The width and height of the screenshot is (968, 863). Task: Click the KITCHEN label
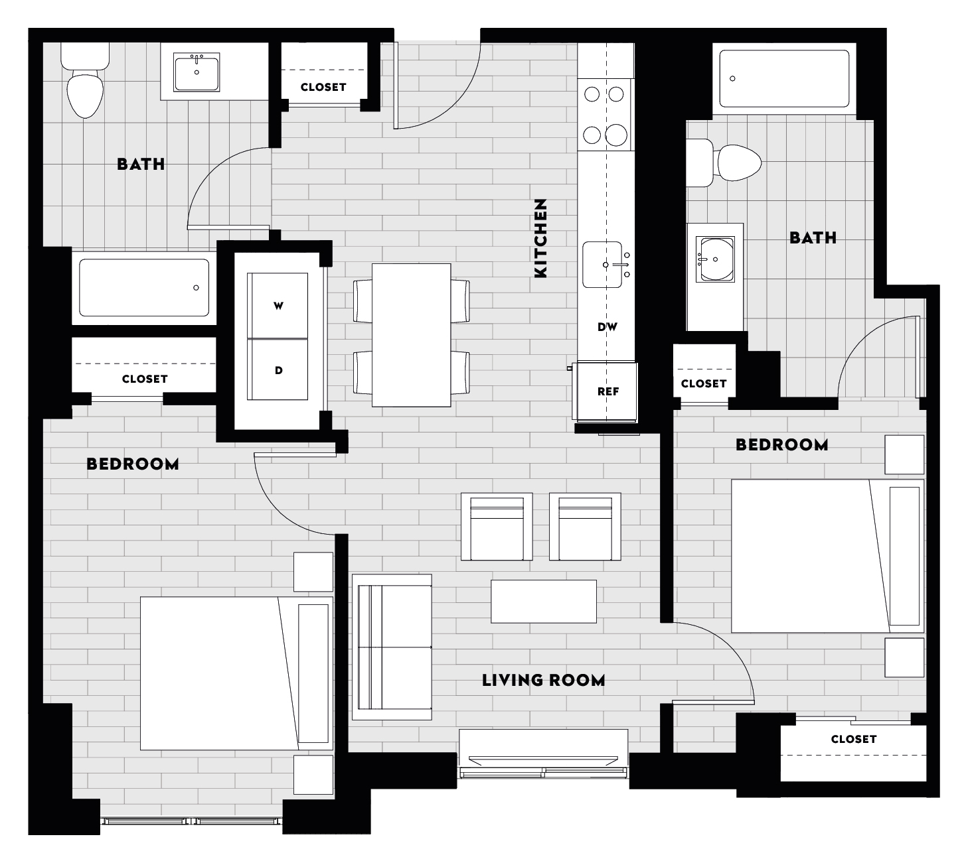tap(540, 237)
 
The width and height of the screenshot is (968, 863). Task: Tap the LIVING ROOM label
tap(543, 680)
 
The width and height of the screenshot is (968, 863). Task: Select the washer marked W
tap(278, 306)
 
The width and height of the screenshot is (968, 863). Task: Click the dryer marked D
tap(278, 370)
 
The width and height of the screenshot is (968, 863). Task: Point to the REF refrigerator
tap(607, 391)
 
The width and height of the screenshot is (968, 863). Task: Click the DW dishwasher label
tap(607, 326)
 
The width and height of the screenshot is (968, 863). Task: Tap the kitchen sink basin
tap(602, 265)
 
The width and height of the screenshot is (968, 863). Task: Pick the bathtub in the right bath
tap(784, 78)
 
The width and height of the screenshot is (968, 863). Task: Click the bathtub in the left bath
tap(144, 287)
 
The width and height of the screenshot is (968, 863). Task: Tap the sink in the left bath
tap(197, 72)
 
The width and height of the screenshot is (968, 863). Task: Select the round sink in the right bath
tap(716, 259)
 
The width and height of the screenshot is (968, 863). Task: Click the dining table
tap(411, 335)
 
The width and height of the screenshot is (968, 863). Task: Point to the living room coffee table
tap(543, 601)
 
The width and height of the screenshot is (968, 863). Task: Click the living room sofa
tap(392, 647)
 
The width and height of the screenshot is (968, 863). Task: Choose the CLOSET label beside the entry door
tap(323, 87)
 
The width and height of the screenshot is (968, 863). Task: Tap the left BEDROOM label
tap(133, 464)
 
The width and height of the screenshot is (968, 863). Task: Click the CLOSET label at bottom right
tap(853, 739)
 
